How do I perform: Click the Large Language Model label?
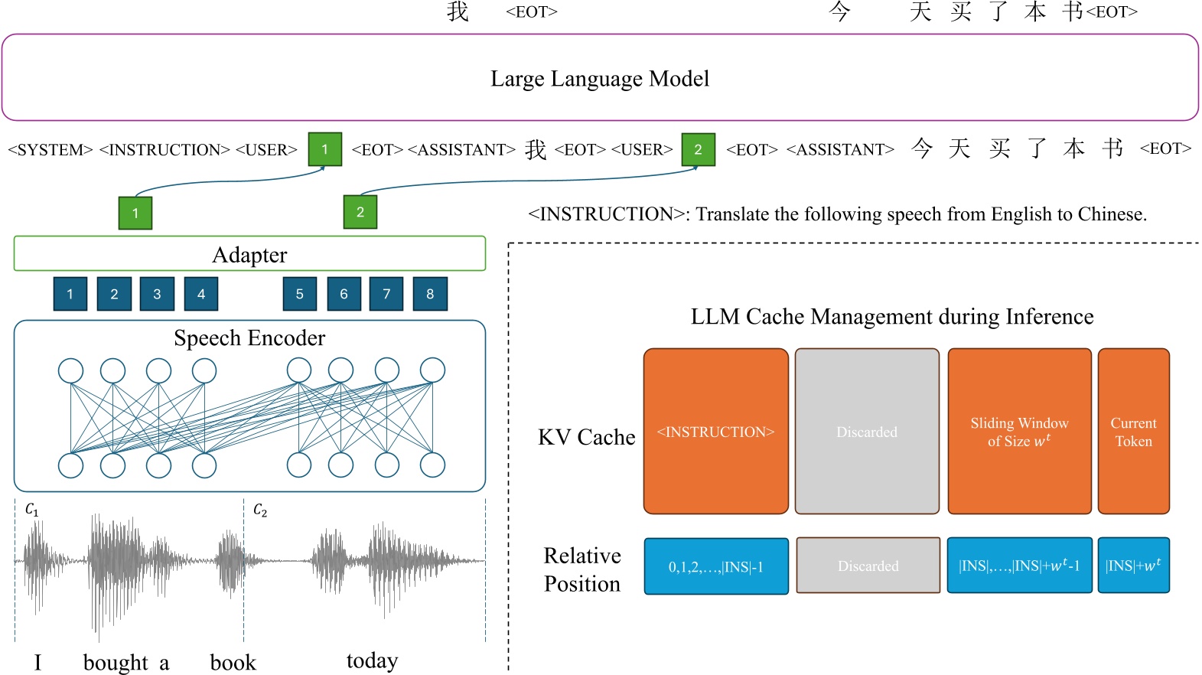point(600,79)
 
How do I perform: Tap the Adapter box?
point(249,254)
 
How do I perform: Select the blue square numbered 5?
point(300,294)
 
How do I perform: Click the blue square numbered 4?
point(201,294)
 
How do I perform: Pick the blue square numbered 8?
point(430,294)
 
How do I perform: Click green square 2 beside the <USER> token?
point(698,149)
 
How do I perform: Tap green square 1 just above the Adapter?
point(135,213)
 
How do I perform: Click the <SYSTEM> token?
point(50,150)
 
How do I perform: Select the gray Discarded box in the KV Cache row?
point(867,432)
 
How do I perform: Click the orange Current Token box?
point(1133,432)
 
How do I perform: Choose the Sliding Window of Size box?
point(1019,432)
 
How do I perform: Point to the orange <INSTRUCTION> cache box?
point(715,432)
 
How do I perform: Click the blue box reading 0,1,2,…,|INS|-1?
point(716,566)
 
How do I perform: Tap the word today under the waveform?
point(372,660)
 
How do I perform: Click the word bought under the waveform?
point(116,662)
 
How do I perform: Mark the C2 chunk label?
point(260,510)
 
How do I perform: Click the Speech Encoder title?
point(249,337)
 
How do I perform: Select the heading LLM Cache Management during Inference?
point(892,316)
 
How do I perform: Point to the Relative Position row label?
point(582,569)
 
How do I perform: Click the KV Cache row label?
point(587,437)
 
